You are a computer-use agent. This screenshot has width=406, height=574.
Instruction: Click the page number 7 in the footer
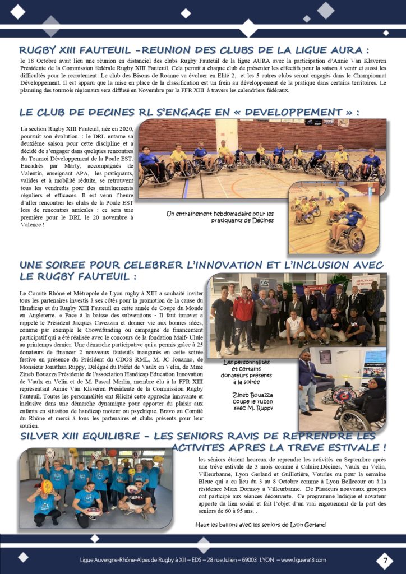385,560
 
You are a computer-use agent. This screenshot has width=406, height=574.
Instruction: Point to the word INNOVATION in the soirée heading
242,265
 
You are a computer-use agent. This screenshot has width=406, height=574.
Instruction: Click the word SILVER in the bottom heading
44,436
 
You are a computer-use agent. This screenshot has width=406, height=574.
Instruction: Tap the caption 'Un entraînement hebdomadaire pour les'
220,213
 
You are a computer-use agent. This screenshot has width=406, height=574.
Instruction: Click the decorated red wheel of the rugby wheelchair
344,395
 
